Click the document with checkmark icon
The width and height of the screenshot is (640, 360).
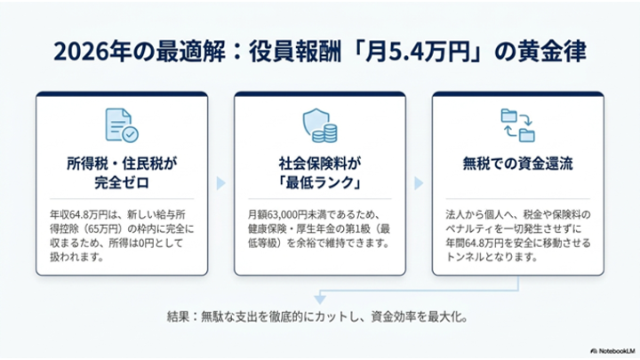click(122, 125)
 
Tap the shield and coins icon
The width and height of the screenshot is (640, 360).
click(320, 125)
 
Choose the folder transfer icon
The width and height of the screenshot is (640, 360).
click(518, 125)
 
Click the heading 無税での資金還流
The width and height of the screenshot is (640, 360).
click(518, 164)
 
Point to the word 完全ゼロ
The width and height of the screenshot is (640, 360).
click(122, 182)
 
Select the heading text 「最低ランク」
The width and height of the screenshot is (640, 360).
click(320, 182)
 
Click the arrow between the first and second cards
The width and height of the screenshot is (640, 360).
click(220, 183)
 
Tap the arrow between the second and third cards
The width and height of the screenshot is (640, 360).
click(419, 183)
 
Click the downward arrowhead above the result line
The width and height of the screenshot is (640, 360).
click(320, 300)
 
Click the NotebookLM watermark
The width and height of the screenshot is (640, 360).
click(612, 351)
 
